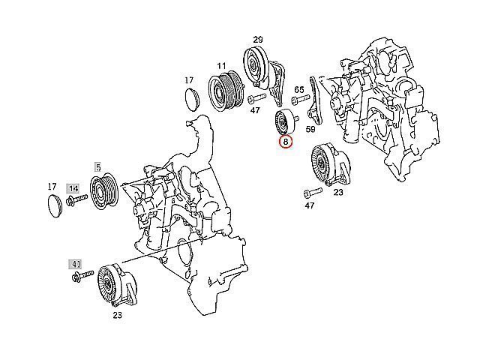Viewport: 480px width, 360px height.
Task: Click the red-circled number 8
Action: pyautogui.click(x=286, y=142)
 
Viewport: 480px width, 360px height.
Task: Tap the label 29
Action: pyautogui.click(x=258, y=40)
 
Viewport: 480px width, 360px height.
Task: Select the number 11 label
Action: pyautogui.click(x=221, y=66)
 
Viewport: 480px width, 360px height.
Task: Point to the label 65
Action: pyautogui.click(x=299, y=90)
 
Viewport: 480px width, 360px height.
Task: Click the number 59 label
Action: pyautogui.click(x=310, y=129)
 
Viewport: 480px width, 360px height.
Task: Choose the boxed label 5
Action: pyautogui.click(x=97, y=167)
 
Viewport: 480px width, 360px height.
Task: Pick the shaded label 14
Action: pyautogui.click(x=73, y=188)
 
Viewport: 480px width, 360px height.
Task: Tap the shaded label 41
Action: pyautogui.click(x=75, y=264)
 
